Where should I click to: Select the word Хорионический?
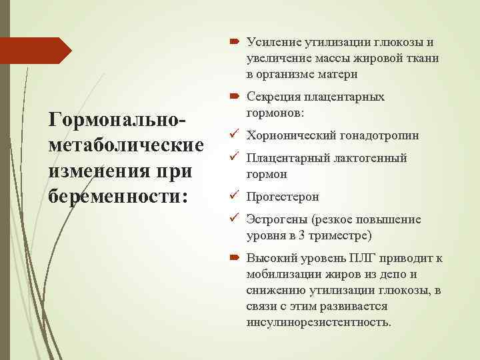[x=291, y=136]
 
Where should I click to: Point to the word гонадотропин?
[x=380, y=136]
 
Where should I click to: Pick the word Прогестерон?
[x=283, y=197]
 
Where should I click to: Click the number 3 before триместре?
[x=302, y=235]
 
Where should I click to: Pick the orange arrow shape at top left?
[x=33, y=51]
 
